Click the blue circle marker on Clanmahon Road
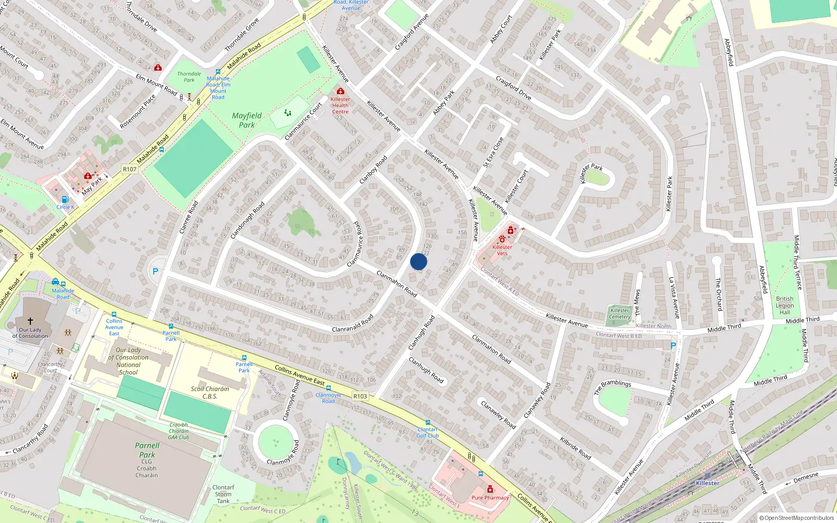pyautogui.click(x=418, y=261)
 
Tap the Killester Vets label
pyautogui.click(x=502, y=250)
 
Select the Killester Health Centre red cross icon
pyautogui.click(x=340, y=92)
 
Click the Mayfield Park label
pyautogui.click(x=246, y=120)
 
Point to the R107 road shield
pyautogui.click(x=129, y=169)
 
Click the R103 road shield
pyautogui.click(x=360, y=396)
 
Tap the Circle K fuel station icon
pyautogui.click(x=65, y=199)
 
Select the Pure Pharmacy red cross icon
pyautogui.click(x=490, y=489)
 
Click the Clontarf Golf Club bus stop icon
pyautogui.click(x=427, y=423)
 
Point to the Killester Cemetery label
pyautogui.click(x=620, y=313)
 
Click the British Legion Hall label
pyautogui.click(x=785, y=305)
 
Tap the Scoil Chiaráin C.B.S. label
pyautogui.click(x=210, y=392)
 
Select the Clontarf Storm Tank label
pyautogui.click(x=223, y=494)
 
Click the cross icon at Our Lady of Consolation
pyautogui.click(x=30, y=321)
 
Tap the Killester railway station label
pyautogui.click(x=707, y=483)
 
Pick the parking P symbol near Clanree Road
pyautogui.click(x=155, y=271)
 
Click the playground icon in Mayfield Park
pyautogui.click(x=288, y=112)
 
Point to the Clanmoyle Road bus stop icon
pyautogui.click(x=328, y=389)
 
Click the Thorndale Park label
pyautogui.click(x=189, y=77)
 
